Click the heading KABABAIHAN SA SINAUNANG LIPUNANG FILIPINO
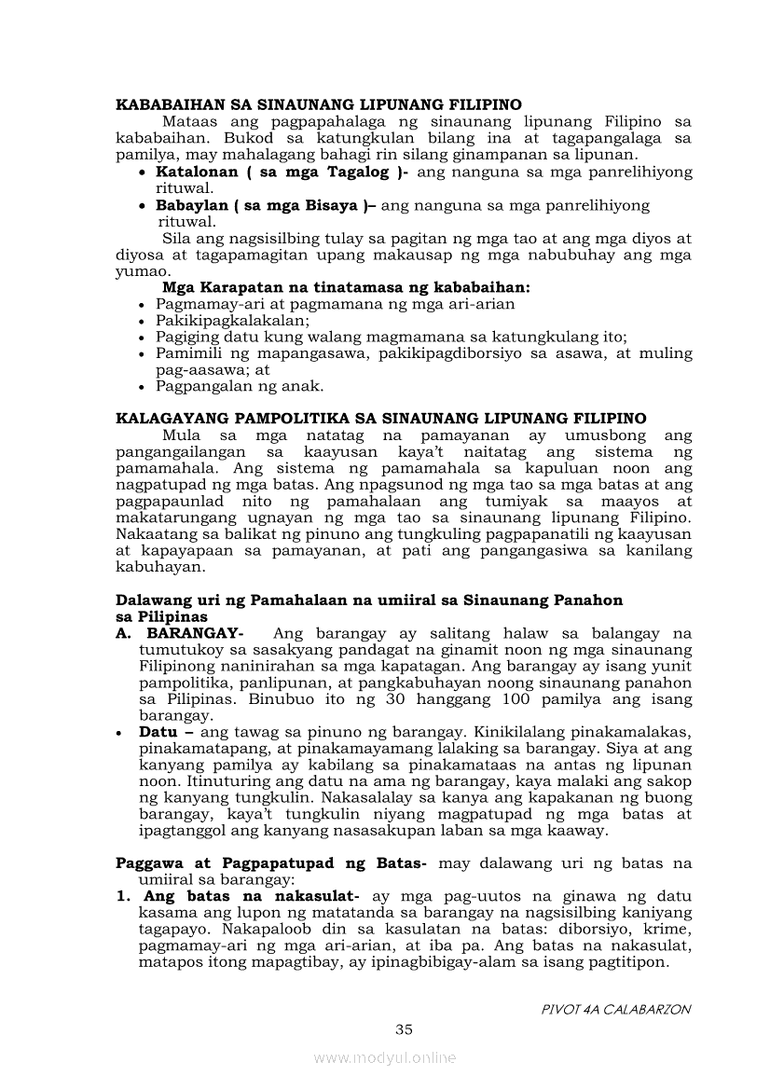pos(318,104)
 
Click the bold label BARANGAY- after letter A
pos(196,633)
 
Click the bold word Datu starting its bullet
pos(158,732)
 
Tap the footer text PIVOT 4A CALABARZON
pos(616,1009)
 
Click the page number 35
pos(404,1029)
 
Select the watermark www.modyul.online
pos(385,1057)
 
